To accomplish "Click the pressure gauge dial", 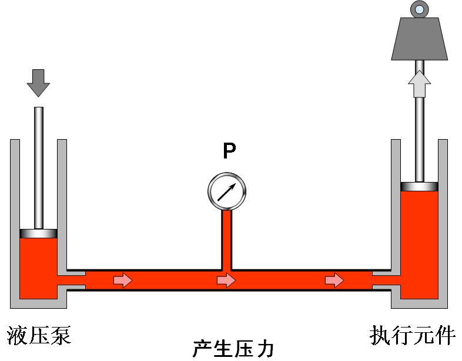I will coord(227,191).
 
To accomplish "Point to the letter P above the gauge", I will coord(229,151).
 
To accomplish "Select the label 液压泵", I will coord(39,336).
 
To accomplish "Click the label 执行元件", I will coord(413,336).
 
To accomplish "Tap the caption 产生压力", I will coord(233,349).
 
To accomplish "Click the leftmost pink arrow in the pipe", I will coord(123,281).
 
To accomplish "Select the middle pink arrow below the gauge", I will coord(226,281).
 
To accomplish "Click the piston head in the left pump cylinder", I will coord(38,233).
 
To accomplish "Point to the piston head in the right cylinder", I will coord(419,186).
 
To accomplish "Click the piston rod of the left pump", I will coord(38,167).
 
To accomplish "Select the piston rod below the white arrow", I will coord(419,141).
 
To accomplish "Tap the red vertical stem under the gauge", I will coord(227,238).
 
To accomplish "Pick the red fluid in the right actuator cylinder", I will coord(419,241).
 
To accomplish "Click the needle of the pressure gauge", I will coord(227,191).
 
